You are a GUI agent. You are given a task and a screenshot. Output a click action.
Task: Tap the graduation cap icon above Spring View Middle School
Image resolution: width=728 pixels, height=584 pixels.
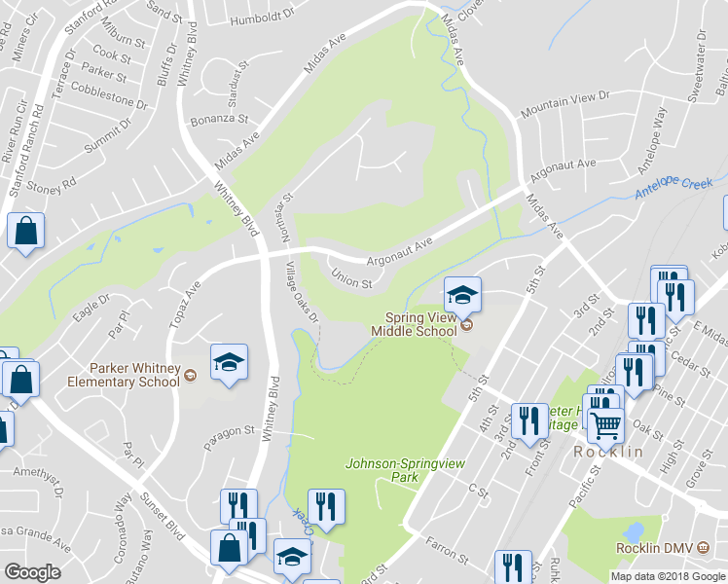click(x=463, y=293)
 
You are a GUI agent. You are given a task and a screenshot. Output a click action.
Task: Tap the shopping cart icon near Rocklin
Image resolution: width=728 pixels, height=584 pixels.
click(x=605, y=424)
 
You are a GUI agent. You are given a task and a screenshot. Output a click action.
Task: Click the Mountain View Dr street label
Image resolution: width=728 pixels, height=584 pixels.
click(x=564, y=104)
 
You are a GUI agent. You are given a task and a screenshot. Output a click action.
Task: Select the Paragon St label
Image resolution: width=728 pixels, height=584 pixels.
click(x=229, y=434)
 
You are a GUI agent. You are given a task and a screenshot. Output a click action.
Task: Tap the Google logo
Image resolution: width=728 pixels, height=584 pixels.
click(x=33, y=572)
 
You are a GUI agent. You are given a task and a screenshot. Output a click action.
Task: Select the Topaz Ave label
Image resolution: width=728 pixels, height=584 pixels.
click(x=184, y=303)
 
